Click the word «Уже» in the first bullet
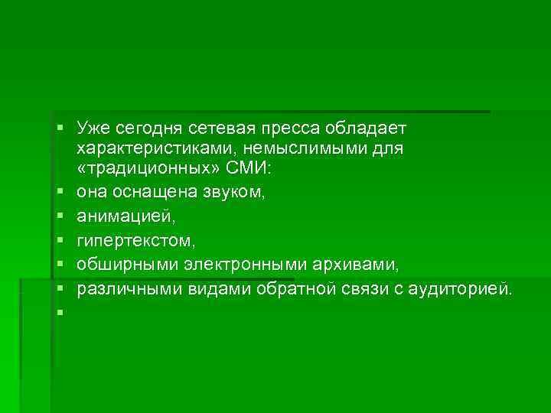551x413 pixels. click(x=91, y=125)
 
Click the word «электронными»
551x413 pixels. click(x=229, y=264)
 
